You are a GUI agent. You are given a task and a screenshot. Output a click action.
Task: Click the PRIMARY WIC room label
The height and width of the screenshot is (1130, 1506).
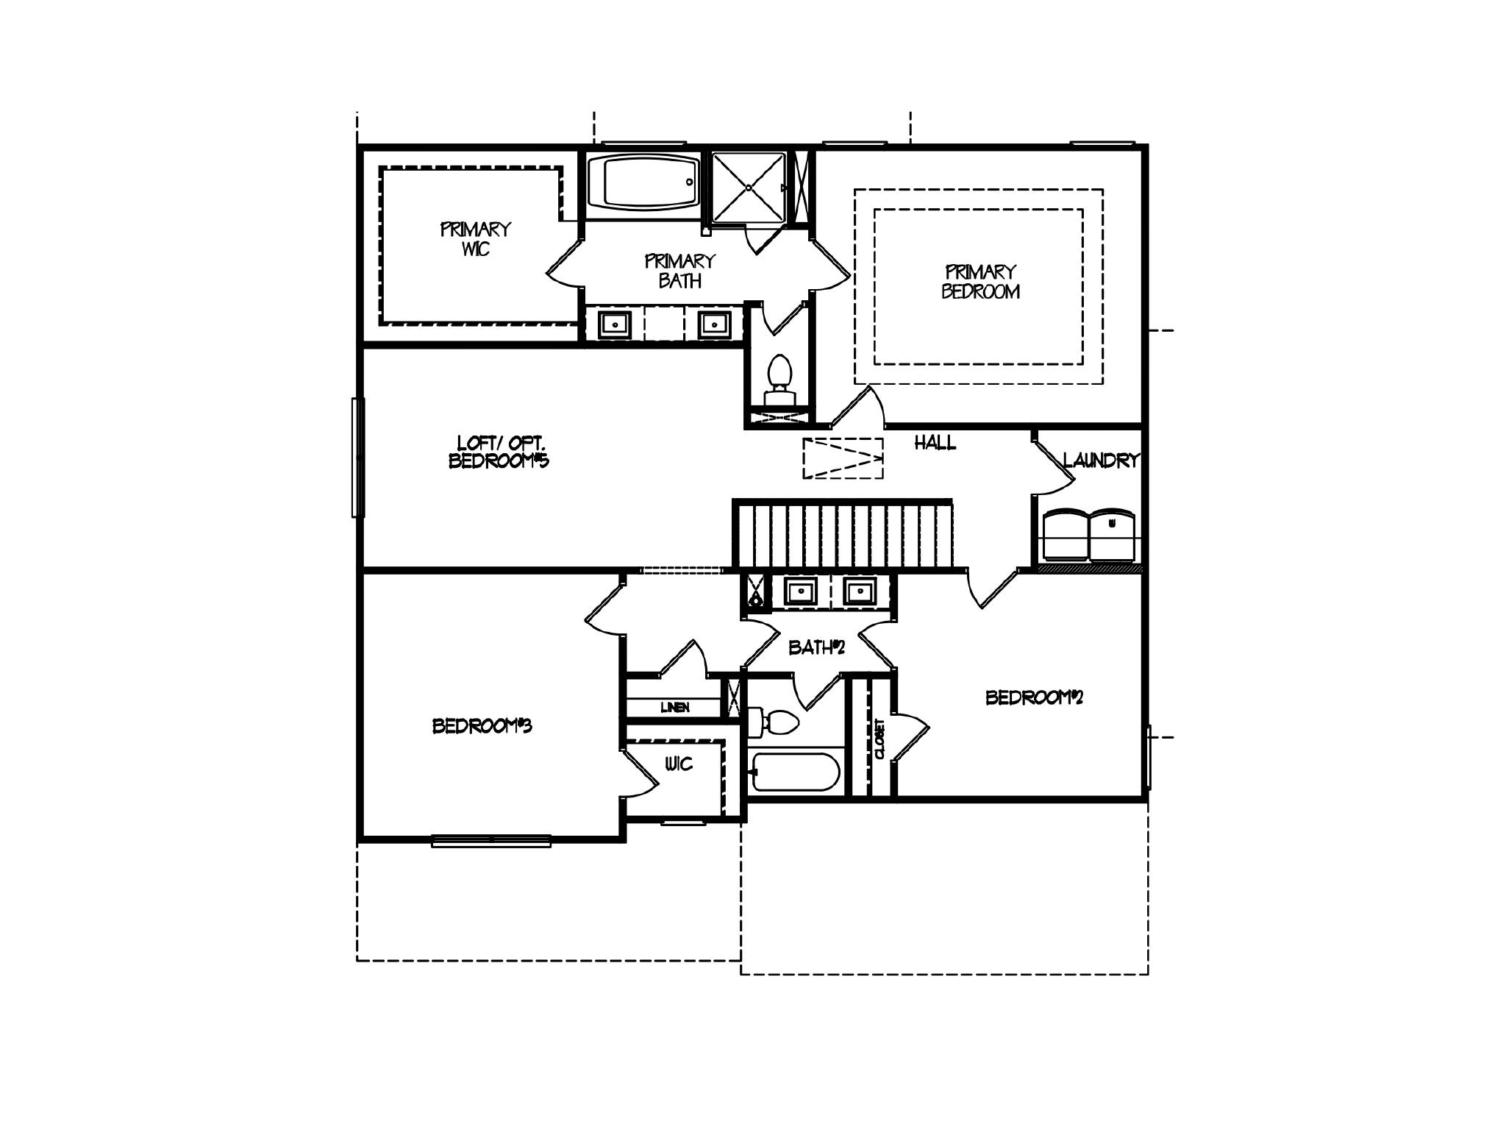tap(475, 239)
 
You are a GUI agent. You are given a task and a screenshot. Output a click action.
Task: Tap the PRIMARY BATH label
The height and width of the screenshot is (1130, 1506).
tap(679, 271)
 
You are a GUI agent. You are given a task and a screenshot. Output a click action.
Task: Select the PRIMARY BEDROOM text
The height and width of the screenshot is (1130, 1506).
tap(980, 282)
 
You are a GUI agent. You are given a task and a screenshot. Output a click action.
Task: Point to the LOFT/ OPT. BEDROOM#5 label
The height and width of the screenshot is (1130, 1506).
tap(499, 452)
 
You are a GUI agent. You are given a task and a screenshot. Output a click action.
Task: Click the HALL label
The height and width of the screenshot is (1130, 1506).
tap(935, 443)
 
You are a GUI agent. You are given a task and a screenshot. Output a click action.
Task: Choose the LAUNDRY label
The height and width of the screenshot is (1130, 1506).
tap(1100, 461)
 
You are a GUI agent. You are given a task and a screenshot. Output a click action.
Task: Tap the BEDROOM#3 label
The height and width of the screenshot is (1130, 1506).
tap(482, 726)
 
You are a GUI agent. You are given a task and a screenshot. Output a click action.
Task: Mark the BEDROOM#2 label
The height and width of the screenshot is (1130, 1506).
tap(1034, 697)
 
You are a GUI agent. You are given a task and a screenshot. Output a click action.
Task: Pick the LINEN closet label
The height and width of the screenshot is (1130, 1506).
tap(674, 708)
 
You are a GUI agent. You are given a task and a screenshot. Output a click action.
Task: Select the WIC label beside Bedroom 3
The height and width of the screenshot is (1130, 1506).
tap(678, 764)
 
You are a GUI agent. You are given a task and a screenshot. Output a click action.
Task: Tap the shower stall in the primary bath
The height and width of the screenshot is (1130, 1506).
tap(749, 188)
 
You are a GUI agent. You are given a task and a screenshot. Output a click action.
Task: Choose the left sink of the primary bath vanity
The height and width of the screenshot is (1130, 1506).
tap(614, 324)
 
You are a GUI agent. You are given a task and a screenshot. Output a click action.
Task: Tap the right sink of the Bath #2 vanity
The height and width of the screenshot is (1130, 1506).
tap(857, 591)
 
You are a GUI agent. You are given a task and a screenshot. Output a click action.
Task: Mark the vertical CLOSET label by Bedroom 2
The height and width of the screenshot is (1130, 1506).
tap(879, 738)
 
